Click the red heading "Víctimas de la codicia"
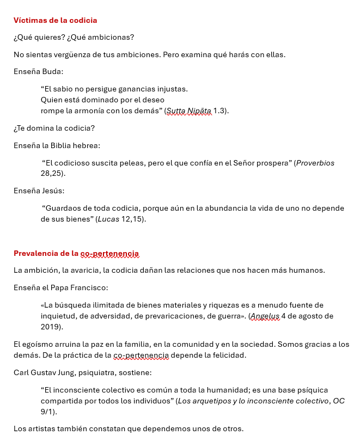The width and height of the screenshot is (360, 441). coord(55,20)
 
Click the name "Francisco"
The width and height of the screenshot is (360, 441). coord(90,287)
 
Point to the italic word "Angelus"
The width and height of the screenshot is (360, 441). coord(265,316)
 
